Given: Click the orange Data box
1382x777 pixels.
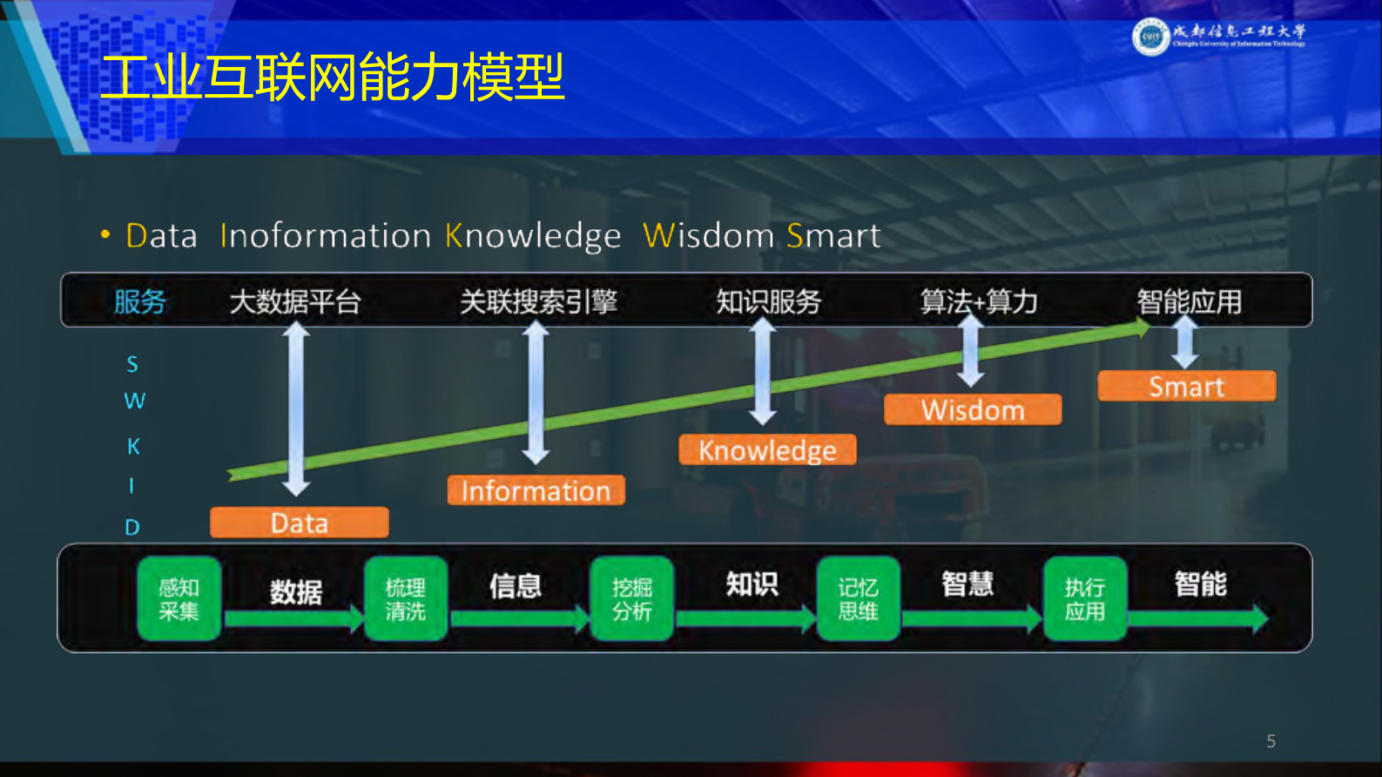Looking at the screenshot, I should [x=299, y=523].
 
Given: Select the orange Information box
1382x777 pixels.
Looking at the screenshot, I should [x=536, y=490].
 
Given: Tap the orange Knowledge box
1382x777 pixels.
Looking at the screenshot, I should [x=767, y=449].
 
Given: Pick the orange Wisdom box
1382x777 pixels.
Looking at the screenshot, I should [x=973, y=409].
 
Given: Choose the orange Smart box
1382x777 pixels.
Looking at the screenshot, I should [x=1186, y=386].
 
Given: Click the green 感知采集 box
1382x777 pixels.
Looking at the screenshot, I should [x=179, y=599].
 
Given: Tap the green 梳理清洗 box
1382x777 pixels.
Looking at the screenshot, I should [x=406, y=599].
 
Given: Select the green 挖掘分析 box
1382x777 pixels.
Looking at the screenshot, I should [x=632, y=599].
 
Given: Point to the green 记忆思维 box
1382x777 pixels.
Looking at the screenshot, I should [x=859, y=599].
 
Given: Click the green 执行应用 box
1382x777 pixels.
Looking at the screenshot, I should [x=1085, y=599].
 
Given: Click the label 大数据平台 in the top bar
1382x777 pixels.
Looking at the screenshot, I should [x=295, y=302].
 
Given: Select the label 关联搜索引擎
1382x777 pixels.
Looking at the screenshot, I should [x=538, y=302].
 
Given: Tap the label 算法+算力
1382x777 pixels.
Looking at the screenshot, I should [x=979, y=302].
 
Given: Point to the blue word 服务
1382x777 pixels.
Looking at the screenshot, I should [x=140, y=302].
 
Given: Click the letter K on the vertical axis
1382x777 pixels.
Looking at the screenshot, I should [x=133, y=446].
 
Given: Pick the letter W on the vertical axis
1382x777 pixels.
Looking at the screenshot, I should [x=134, y=401].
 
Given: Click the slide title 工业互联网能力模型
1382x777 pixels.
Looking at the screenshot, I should [x=333, y=77].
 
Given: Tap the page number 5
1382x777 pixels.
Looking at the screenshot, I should [x=1271, y=741].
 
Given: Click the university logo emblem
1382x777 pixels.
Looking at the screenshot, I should [x=1150, y=37].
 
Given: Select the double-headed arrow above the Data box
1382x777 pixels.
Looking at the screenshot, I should [x=296, y=409].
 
